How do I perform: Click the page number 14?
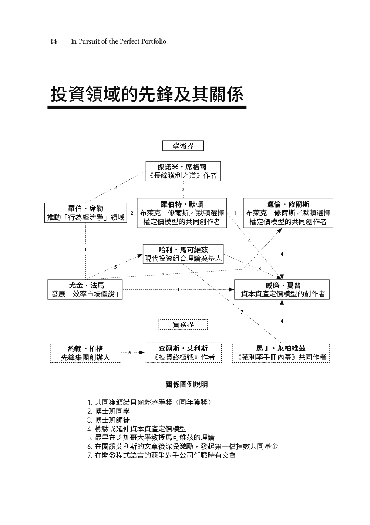(53, 41)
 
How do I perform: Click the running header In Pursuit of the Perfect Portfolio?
(118, 41)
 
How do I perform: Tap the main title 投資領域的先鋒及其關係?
(147, 94)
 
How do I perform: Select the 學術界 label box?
(183, 146)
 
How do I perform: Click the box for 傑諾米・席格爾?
(183, 171)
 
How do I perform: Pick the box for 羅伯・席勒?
(85, 213)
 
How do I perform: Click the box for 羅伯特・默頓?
(182, 213)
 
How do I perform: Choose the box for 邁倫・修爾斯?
(288, 213)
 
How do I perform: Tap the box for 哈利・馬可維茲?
(183, 254)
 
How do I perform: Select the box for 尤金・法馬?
(85, 290)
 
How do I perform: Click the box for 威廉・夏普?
(282, 290)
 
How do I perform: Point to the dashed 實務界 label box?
(183, 324)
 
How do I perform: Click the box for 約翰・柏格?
(85, 353)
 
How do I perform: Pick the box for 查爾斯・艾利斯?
(183, 353)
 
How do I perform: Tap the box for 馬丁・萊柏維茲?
(281, 353)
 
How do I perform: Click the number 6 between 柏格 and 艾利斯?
(130, 353)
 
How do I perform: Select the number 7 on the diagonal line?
(242, 312)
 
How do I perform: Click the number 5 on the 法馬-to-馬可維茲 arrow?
(115, 267)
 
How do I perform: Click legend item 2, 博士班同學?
(109, 411)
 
